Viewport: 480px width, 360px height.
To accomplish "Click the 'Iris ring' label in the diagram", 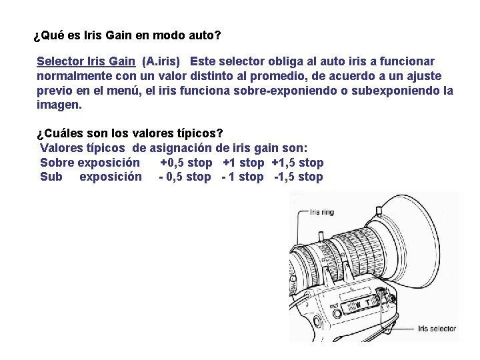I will click(x=323, y=214).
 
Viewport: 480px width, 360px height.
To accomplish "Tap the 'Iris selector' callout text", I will click(x=437, y=329).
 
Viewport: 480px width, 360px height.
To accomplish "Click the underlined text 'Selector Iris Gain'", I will click(x=86, y=62).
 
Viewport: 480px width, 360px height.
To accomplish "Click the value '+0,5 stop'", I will click(x=186, y=163).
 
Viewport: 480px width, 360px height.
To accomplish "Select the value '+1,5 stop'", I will click(x=297, y=163).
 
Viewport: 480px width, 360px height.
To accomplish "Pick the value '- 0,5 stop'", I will click(x=185, y=177).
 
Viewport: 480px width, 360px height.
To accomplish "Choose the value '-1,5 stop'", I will click(x=298, y=177).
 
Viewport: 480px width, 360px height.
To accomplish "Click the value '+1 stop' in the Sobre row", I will click(x=243, y=163).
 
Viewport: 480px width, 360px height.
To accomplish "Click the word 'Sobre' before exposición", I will click(x=57, y=163).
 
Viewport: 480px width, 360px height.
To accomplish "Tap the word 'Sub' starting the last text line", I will click(x=51, y=177).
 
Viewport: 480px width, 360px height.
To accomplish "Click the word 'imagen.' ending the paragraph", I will click(x=59, y=105).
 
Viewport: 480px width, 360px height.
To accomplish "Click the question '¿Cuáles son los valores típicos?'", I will click(x=130, y=133).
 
